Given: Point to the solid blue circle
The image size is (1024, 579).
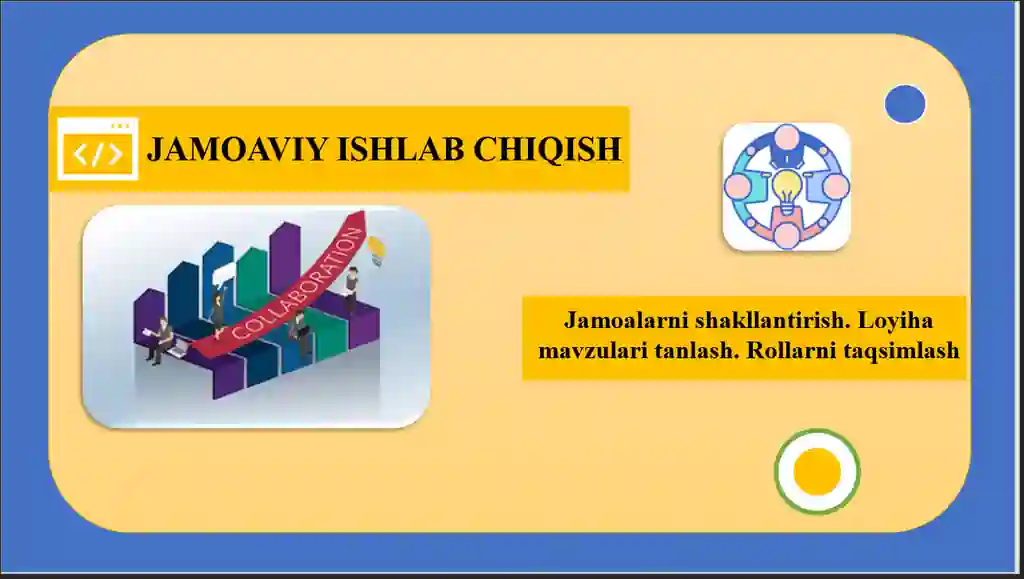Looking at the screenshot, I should [905, 104].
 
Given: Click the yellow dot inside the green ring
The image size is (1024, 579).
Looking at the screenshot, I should [817, 471].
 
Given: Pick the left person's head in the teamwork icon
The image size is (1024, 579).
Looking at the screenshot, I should [738, 186].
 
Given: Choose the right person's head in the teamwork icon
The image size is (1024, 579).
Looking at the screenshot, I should [836, 186].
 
